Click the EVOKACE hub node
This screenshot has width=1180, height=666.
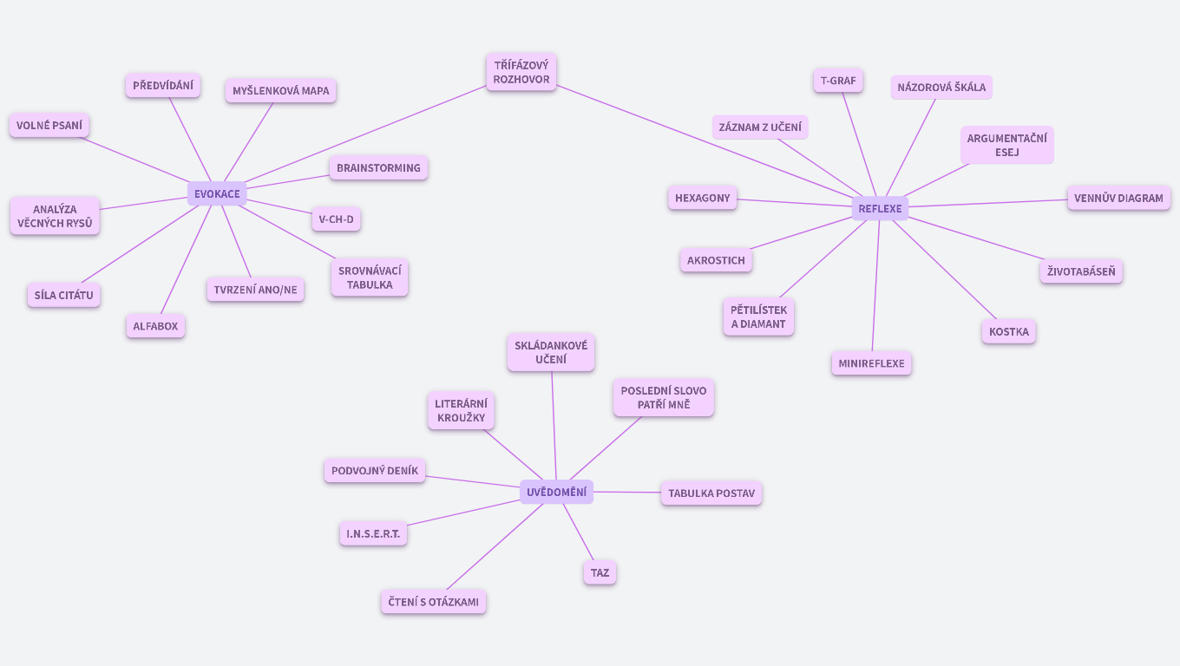coord(217,193)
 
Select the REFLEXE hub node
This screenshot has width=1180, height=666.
coord(880,208)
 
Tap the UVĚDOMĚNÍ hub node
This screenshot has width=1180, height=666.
coord(556,493)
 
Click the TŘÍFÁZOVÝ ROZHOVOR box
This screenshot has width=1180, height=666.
coord(521,72)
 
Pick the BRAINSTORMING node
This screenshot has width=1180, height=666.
coord(378,168)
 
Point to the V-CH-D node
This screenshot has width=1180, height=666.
coord(336,219)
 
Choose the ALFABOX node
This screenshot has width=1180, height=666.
coord(155,326)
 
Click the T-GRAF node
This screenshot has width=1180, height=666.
coord(837,81)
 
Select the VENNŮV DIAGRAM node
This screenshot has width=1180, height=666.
coord(1118,198)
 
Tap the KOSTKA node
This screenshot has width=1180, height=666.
coord(1008,331)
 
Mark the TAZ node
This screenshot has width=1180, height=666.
coord(600,572)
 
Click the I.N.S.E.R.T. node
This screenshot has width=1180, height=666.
coord(373,533)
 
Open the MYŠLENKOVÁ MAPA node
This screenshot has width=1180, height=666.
coord(280,91)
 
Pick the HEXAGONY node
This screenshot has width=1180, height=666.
coord(702,198)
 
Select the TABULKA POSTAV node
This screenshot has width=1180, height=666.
coord(711,493)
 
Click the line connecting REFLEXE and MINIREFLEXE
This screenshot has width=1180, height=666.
coord(875,286)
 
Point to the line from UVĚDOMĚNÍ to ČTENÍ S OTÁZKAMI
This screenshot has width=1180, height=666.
coord(495,546)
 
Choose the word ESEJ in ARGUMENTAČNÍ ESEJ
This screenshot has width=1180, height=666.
coord(1006,153)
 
